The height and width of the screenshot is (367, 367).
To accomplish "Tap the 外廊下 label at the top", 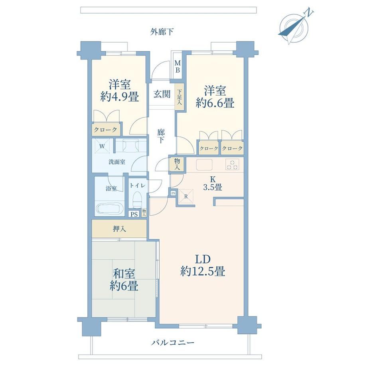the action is (162, 32).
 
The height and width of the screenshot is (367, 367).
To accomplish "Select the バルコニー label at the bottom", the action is (172, 343).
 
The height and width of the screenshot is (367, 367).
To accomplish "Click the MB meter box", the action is (178, 67).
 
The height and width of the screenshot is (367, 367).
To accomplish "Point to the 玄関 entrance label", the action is (162, 94).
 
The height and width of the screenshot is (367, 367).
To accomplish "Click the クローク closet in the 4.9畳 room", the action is (106, 130).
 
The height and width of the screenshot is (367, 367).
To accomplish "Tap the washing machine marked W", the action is (102, 146).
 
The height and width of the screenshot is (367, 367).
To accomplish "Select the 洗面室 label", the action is (117, 162).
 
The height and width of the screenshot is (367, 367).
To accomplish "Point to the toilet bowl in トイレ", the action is (137, 199).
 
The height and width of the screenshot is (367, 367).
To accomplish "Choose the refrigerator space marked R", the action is (186, 196).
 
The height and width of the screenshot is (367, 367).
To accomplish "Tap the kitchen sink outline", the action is (204, 164).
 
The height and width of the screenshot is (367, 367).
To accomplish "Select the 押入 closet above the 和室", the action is (119, 229).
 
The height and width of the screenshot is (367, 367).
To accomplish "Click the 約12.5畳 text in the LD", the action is (203, 272).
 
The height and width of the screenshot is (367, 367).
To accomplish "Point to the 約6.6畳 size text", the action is (215, 103).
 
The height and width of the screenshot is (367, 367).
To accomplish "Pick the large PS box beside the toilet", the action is (134, 214).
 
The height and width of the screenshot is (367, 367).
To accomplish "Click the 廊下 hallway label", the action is (161, 136).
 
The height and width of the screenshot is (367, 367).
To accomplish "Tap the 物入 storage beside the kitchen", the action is (177, 164).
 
